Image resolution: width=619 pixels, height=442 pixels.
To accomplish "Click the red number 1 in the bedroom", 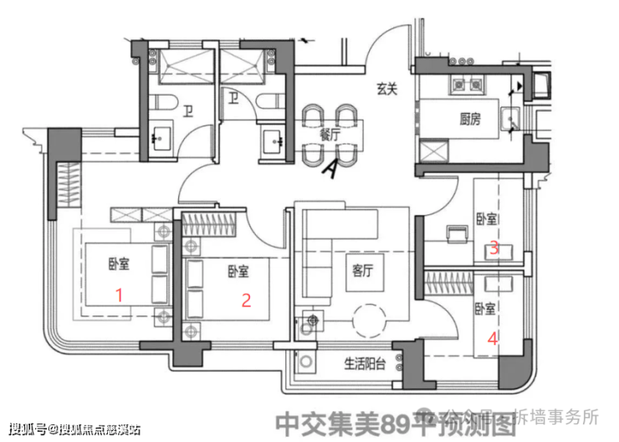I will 119,294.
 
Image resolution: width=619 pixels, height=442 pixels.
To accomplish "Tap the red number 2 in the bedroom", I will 246,301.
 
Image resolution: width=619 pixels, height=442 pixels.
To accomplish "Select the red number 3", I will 494,248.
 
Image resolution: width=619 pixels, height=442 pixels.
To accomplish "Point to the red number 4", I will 494,339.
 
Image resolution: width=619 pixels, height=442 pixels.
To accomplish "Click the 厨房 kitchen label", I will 470,119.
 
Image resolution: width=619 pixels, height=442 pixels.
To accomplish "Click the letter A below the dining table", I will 332,169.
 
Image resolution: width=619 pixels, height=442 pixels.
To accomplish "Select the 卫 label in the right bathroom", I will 230,98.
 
